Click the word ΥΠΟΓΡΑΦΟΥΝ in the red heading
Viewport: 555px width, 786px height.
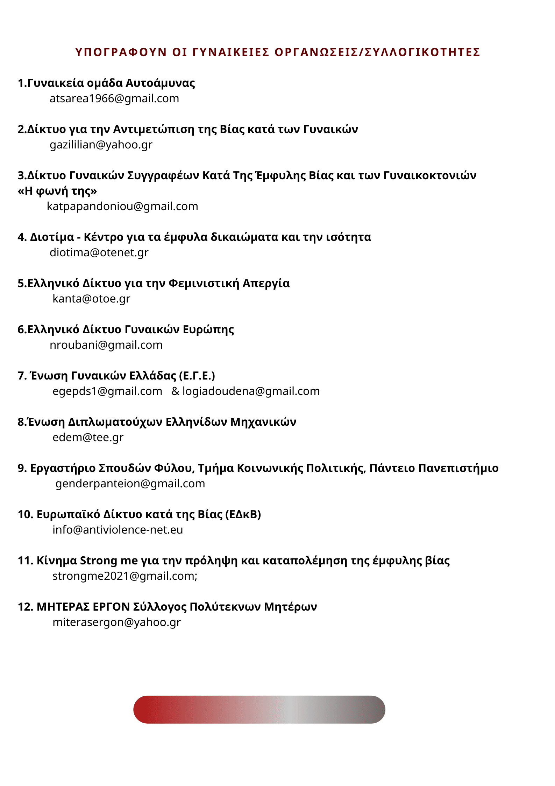coord(121,52)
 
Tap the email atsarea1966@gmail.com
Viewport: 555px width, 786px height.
coord(114,99)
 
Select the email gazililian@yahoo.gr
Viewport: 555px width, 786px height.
coord(101,145)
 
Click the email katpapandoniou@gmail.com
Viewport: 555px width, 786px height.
coord(122,207)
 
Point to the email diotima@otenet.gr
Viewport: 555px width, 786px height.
coord(99,253)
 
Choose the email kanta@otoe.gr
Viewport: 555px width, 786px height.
coord(91,299)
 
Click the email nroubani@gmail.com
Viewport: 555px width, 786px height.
coord(106,345)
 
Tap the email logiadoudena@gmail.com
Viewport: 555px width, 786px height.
coord(251,391)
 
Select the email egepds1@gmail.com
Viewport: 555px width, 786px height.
coord(107,391)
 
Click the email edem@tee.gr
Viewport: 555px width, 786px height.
coord(88,438)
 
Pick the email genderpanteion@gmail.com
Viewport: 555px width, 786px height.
coord(130,484)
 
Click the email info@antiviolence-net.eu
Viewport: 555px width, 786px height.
coord(118,530)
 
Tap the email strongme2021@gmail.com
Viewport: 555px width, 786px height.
coord(124,576)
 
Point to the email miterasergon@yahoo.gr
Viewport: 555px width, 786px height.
coord(116,622)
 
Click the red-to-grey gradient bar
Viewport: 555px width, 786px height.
coord(259,709)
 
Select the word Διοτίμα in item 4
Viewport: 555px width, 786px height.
coord(52,237)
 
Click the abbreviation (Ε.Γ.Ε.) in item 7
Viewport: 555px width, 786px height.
coord(197,376)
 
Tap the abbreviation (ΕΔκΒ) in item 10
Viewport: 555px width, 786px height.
coord(243,515)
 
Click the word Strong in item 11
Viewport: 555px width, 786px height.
coord(99,561)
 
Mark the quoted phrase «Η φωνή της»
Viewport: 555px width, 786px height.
coord(57,191)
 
